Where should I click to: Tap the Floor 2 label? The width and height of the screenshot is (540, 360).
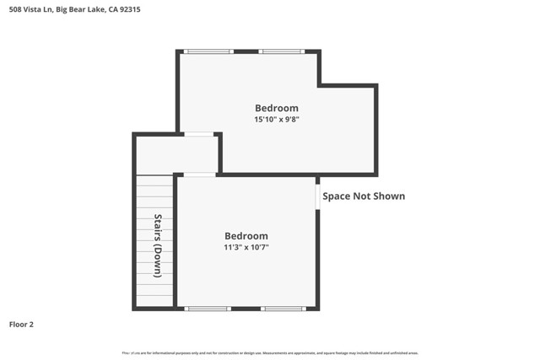(x=21, y=324)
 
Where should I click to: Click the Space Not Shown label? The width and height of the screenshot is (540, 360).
(x=364, y=196)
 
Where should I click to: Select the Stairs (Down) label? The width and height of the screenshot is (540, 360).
(x=158, y=245)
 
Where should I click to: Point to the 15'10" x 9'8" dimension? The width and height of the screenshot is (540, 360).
(x=277, y=120)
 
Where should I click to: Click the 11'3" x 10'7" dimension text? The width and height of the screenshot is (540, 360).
(x=246, y=248)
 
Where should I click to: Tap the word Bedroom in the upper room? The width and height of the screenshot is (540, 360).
(x=277, y=108)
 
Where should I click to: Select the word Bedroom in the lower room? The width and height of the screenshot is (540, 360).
(x=246, y=236)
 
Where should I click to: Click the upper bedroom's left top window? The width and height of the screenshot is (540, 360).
(x=209, y=51)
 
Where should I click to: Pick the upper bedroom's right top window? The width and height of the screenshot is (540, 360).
(x=282, y=51)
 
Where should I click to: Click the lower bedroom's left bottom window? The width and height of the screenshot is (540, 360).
(x=208, y=309)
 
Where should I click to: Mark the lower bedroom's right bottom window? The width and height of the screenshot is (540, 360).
(x=283, y=309)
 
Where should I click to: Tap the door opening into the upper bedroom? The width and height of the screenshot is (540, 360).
(x=199, y=133)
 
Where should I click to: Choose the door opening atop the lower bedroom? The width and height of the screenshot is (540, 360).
(x=199, y=175)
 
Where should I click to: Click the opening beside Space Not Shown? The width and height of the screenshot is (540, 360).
(x=317, y=196)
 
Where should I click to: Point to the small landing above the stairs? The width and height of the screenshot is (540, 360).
(x=176, y=154)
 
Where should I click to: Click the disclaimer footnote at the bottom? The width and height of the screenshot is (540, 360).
(x=270, y=353)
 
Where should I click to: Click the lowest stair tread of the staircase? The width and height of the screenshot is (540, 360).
(x=154, y=301)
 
